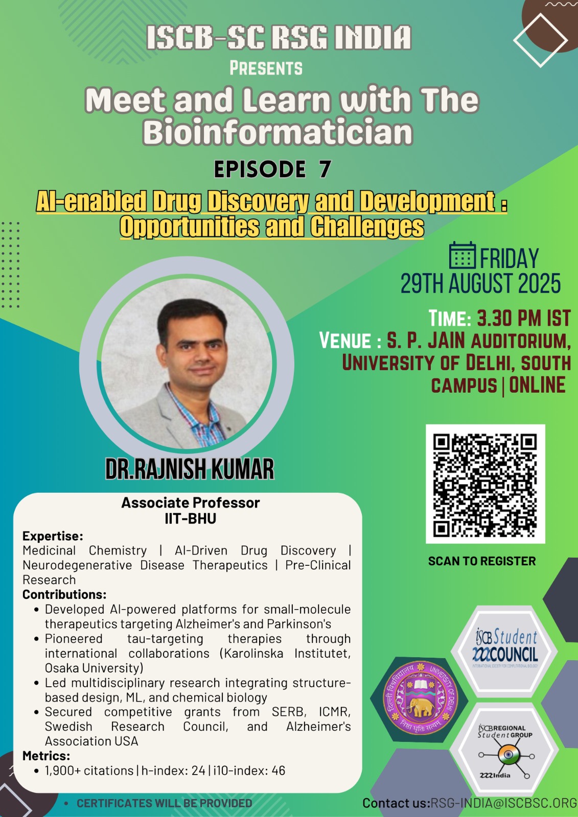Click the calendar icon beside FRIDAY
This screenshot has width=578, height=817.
point(463,255)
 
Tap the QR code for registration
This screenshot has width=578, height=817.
point(485,484)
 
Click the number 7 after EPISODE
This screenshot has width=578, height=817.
point(325,169)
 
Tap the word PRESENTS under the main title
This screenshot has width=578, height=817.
point(266,68)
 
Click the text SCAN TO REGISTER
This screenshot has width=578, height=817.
point(482,561)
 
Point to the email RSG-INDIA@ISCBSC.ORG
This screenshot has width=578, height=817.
point(504,803)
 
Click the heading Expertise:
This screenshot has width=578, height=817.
point(53,536)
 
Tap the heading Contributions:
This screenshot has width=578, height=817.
point(64,594)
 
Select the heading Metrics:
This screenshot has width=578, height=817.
point(47,755)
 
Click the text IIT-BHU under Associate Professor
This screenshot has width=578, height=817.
point(191,518)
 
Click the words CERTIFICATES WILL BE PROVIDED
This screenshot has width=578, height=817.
point(165,803)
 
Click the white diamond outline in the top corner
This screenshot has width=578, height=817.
point(540,40)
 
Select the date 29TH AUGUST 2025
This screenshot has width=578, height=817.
point(480,283)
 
